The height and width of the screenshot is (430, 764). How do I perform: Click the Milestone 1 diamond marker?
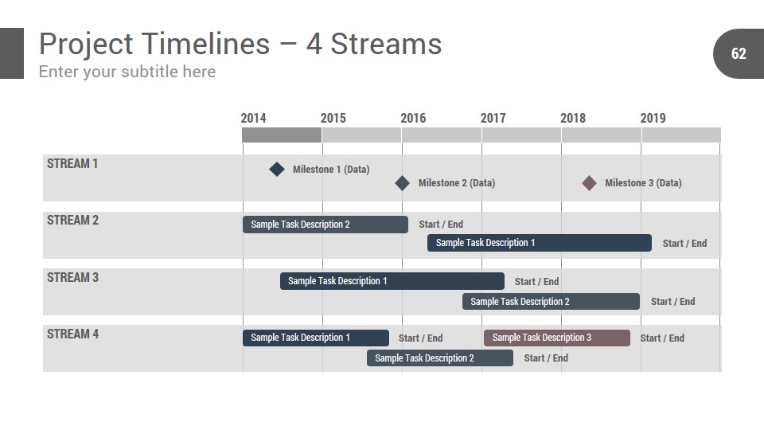pos(277,169)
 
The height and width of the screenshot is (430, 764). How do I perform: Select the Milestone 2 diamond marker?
pos(402,183)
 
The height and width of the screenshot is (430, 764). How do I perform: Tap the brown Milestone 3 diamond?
pos(589,183)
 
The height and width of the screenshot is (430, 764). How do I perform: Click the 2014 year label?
pos(253,118)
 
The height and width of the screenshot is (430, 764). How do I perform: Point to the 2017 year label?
pos(493,118)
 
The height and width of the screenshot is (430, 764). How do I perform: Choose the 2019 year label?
pos(653,118)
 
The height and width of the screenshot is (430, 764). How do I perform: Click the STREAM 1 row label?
pos(72,163)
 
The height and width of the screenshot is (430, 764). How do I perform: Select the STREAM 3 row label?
pos(72,277)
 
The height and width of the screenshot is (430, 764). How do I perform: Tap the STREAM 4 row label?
pos(72,334)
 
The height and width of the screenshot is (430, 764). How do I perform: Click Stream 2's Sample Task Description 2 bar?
pos(325,225)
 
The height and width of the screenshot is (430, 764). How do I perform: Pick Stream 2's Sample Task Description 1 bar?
pos(540,243)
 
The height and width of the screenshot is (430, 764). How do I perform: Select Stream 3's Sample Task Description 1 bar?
pos(392,281)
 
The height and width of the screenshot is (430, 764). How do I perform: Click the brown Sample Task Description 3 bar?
pos(557,338)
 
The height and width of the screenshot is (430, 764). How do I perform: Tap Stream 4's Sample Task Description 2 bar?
pos(440,358)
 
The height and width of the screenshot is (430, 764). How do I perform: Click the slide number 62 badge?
pos(739,53)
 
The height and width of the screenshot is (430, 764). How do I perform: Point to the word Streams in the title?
pos(387,44)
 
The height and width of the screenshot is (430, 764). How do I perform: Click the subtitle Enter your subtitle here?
pos(127,72)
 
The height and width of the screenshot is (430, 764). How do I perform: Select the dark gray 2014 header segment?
pos(282,135)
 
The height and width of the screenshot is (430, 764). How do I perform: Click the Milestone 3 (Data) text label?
pos(643,183)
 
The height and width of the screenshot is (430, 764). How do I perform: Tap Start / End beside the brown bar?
pos(662,338)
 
